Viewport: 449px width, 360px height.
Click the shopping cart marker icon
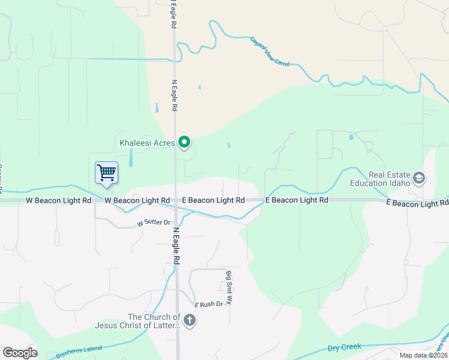pos(107,173)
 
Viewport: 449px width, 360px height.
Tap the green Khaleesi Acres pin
pos(185,142)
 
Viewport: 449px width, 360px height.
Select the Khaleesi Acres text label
pos(147,143)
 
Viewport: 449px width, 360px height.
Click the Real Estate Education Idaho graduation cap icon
pos(419,178)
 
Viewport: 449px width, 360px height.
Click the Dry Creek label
pos(345,347)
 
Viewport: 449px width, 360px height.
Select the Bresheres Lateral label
pos(80,351)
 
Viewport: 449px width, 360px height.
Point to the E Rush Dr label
pos(209,304)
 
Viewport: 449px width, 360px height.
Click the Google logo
pos(20,353)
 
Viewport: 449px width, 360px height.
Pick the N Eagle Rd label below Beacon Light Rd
pos(177,246)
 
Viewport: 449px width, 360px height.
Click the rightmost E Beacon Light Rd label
pos(417,204)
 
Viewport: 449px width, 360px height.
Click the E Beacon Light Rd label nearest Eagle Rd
pos(214,200)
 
